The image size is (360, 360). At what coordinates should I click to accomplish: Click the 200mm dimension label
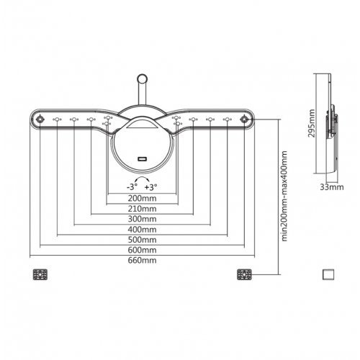(142, 199)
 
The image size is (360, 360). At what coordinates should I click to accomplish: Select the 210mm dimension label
(142, 209)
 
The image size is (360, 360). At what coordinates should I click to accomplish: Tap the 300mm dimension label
(142, 219)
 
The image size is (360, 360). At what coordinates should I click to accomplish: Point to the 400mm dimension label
(142, 230)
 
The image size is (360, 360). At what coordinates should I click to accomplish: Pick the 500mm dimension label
(142, 240)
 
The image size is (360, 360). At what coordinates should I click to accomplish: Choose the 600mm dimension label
(142, 250)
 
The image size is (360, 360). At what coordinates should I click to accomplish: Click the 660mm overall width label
(142, 261)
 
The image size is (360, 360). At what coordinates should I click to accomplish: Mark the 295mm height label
(312, 123)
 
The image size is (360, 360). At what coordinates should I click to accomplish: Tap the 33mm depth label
(332, 187)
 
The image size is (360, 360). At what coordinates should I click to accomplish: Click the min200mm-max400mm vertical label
(284, 196)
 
